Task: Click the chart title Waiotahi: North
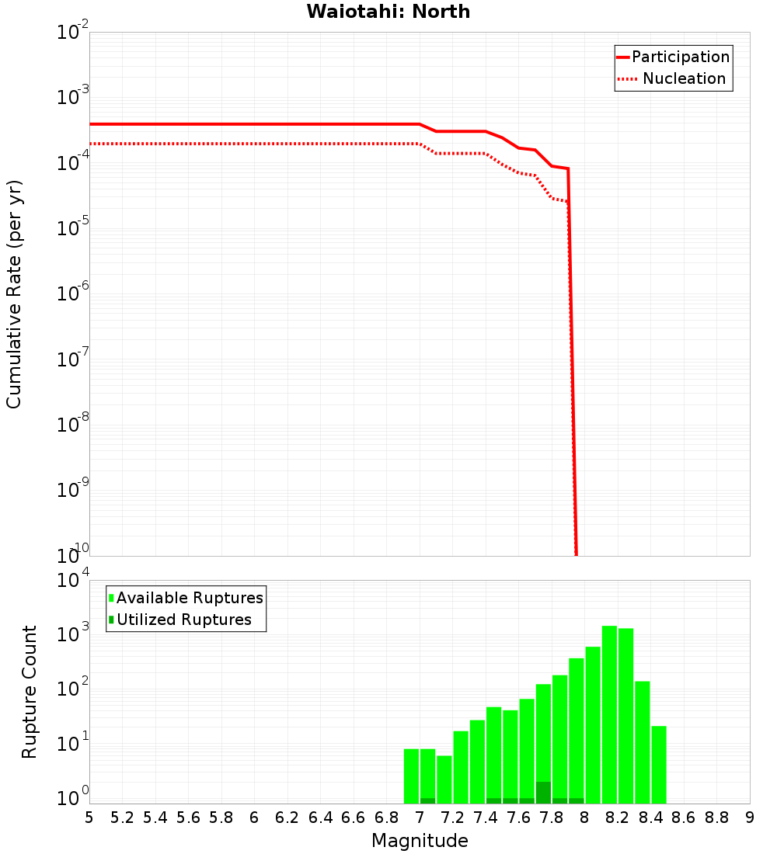(x=388, y=12)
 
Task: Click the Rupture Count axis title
(x=30, y=692)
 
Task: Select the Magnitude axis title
(x=420, y=841)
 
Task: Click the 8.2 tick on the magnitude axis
(x=618, y=818)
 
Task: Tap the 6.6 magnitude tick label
(x=354, y=818)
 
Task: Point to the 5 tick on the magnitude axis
(x=89, y=818)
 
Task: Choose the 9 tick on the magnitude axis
(x=750, y=818)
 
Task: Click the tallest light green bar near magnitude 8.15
(x=610, y=714)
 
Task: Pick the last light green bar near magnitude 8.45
(x=659, y=765)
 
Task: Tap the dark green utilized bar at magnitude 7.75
(x=543, y=793)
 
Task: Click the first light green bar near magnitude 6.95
(x=411, y=776)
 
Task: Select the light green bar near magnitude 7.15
(x=444, y=779)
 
